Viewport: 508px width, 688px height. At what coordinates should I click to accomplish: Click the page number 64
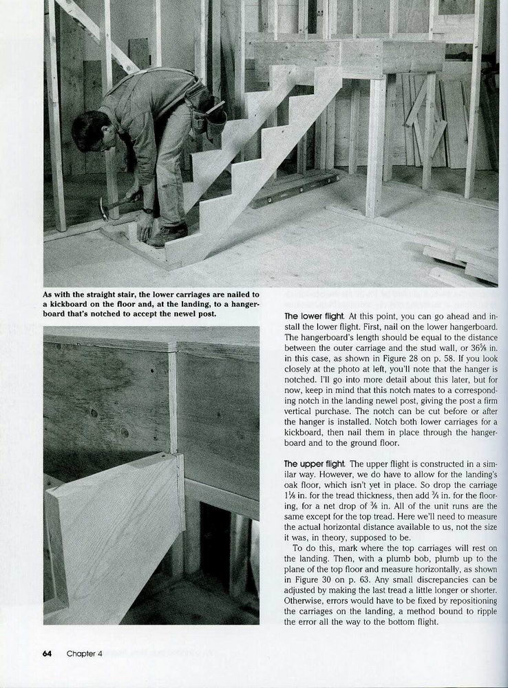[x=48, y=654]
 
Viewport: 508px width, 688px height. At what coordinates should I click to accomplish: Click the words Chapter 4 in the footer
[x=85, y=654]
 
